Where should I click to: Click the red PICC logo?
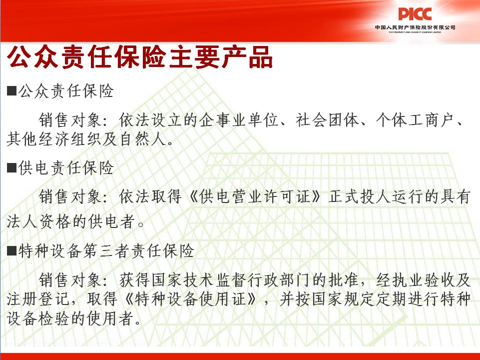pos(415,14)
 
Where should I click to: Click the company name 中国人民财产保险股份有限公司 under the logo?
pos(415,27)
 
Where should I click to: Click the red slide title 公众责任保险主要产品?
pos(139,57)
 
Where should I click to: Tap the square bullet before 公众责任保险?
pos(11,90)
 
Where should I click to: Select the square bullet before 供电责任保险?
pos(11,167)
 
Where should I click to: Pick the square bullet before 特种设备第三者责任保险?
pos(11,250)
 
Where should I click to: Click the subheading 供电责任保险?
pos(66,167)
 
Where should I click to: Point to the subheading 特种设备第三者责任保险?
pos(106,250)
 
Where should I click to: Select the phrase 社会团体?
pos(327,120)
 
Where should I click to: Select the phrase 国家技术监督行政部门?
pos(200,279)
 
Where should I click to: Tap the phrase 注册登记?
pos(38,299)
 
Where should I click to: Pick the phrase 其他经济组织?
pos(54,139)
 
